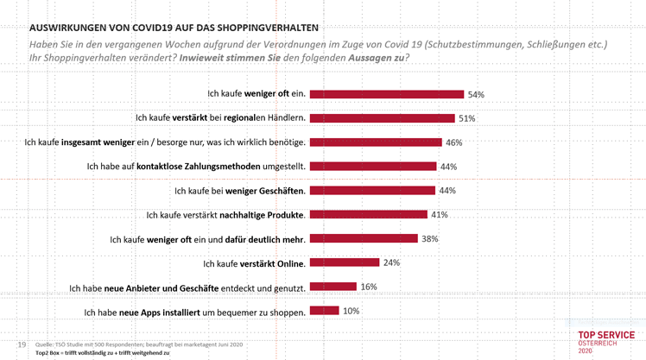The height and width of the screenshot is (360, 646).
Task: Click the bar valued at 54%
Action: [386, 93]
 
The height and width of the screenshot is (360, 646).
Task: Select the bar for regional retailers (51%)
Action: [382, 117]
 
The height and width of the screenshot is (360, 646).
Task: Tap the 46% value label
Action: [454, 142]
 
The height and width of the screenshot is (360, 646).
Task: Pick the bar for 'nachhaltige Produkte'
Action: [368, 214]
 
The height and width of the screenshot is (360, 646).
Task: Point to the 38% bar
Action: [364, 238]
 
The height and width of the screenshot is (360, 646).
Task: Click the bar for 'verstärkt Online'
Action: [345, 262]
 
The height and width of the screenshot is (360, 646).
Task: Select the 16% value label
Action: [369, 287]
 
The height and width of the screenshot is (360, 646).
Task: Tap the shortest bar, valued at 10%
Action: [324, 311]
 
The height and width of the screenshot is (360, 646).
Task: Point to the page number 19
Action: [22, 344]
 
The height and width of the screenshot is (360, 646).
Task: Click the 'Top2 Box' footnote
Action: [102, 353]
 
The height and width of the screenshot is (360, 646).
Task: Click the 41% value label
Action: [440, 214]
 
